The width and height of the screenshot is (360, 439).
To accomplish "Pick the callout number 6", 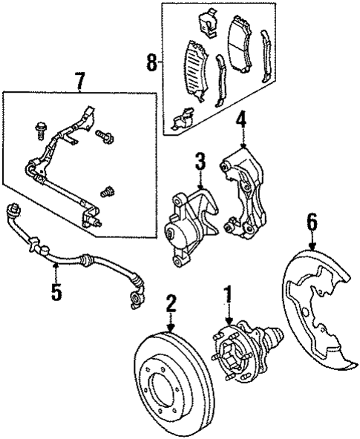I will point(312,220).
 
